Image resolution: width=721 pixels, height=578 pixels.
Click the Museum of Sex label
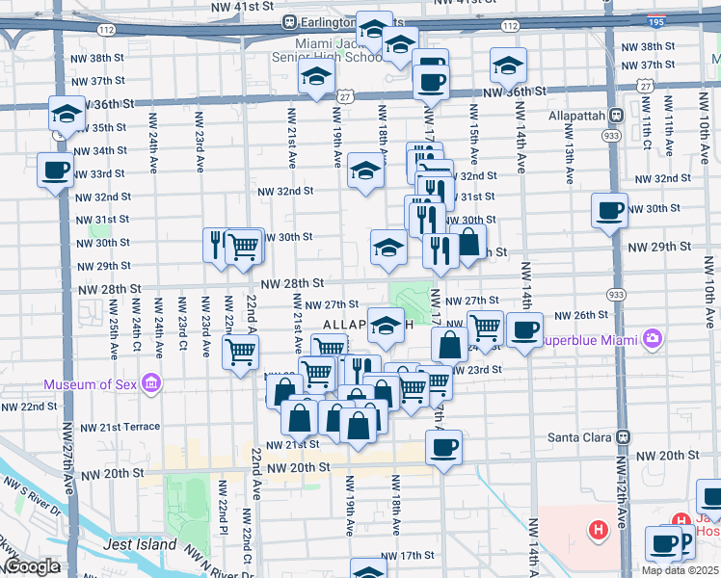[91, 386]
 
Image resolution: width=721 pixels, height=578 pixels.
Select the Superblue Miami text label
[590, 339]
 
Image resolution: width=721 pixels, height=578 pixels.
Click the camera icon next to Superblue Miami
[653, 338]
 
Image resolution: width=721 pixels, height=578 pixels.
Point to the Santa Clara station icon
[624, 436]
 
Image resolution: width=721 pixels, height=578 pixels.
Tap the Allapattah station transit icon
[617, 115]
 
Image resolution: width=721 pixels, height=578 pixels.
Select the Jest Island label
[143, 544]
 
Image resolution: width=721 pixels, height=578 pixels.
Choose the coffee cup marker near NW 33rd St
[55, 171]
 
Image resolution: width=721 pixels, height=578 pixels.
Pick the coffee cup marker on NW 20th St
[443, 447]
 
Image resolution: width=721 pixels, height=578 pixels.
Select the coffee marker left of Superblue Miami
[524, 330]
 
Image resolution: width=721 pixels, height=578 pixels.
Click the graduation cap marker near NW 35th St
[67, 116]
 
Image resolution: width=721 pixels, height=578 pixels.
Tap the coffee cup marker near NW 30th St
[609, 210]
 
